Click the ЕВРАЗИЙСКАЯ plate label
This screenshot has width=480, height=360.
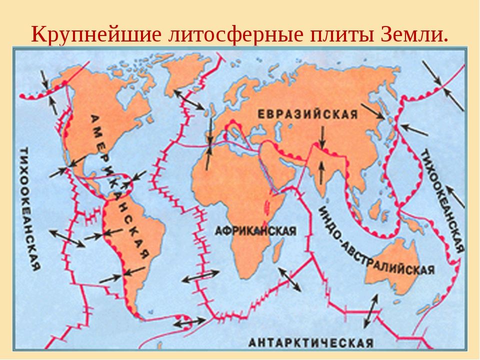tap(307, 114)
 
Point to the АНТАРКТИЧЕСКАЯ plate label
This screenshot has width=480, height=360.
tap(311, 343)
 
